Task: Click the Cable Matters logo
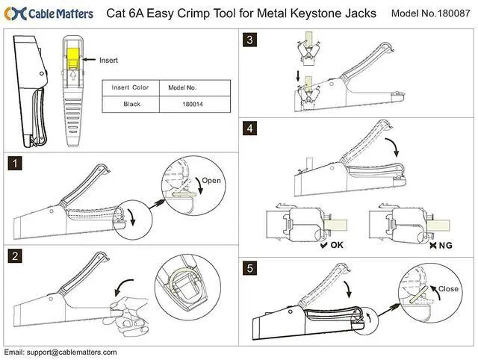click(x=49, y=13)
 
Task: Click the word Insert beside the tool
click(x=109, y=59)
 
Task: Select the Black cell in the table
click(x=131, y=105)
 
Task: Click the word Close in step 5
click(x=449, y=288)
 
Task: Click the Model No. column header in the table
click(x=182, y=87)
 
